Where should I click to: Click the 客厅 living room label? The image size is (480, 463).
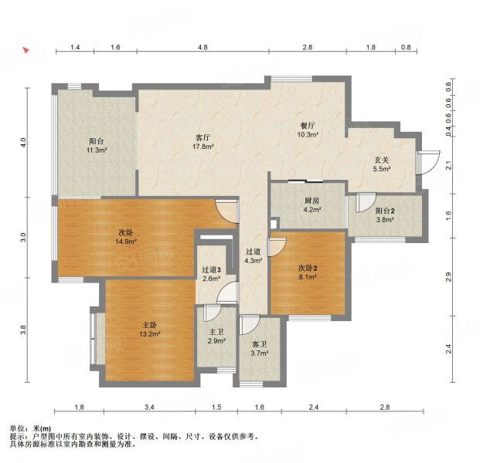203,137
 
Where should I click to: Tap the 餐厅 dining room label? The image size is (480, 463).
308,125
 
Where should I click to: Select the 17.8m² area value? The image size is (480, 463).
203,147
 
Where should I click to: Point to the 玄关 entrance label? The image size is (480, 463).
382,160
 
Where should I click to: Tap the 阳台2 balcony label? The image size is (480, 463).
385,211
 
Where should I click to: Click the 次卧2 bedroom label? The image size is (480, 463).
308,269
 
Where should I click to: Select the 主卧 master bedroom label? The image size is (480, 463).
150,325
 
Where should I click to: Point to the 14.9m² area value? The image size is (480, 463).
126,242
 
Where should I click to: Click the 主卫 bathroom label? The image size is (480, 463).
216,332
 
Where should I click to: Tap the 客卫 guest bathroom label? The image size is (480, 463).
260,344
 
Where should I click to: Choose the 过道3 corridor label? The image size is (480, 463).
211,269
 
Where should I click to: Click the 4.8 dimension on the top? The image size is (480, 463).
203,47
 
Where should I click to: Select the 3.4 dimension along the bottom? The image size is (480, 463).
149,407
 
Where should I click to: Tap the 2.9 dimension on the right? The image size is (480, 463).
448,277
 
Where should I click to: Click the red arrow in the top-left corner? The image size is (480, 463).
26,50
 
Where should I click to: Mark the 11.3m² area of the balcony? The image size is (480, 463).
97,150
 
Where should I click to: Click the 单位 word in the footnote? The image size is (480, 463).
16,428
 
